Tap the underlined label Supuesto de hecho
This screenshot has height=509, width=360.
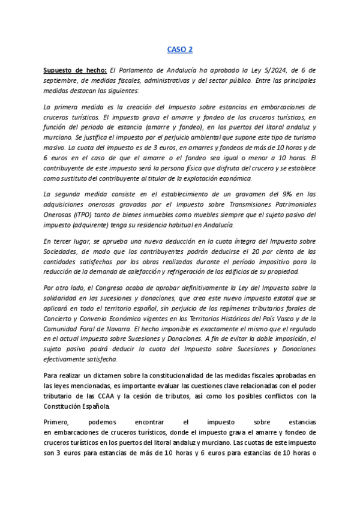75,70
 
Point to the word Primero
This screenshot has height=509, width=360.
58,422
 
